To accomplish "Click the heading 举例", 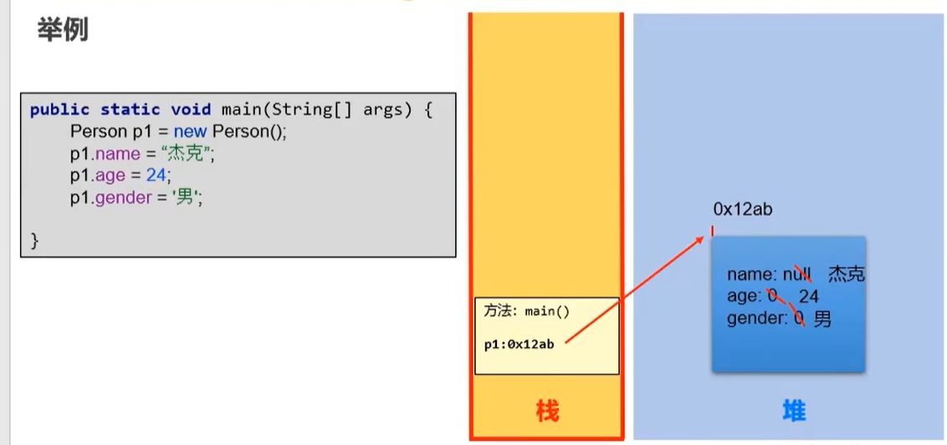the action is tap(63, 30).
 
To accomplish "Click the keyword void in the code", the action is tap(192, 110).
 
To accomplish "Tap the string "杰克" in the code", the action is tap(188, 154).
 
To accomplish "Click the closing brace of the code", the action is tap(34, 241).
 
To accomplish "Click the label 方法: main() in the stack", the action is tap(527, 311).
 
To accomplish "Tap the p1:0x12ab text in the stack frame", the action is tap(519, 344).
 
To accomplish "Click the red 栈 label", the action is tap(547, 411).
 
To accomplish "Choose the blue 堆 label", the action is tap(794, 411).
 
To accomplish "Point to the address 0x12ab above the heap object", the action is tap(742, 210).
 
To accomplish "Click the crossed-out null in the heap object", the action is tap(799, 274).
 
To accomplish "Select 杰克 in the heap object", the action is tap(846, 274).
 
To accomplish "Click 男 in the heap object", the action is tap(822, 318).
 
